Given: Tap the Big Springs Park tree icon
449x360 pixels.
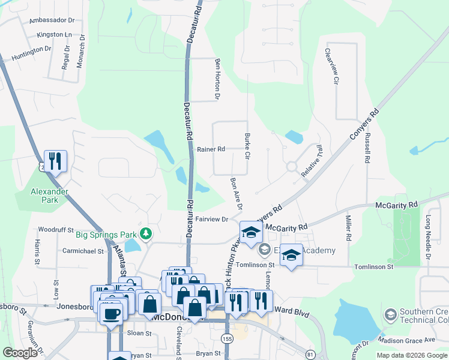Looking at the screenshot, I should pos(145,233).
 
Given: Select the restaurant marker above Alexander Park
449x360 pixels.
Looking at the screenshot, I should pos(55,161).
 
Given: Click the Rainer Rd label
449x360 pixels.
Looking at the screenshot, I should pos(211,149).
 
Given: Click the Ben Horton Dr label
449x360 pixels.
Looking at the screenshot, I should pos(218,79).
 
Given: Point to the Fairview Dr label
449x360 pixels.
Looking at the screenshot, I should pos(211,220).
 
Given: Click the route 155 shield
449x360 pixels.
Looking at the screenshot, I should pos(228,339).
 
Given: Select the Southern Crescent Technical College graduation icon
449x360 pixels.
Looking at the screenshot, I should pos(390,314).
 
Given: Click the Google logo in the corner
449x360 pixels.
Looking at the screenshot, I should pos(20,353).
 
